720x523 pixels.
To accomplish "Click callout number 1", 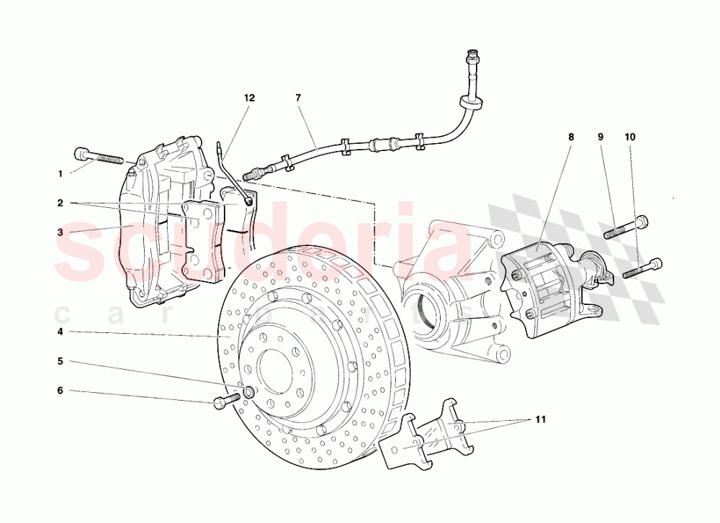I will coord(60,173).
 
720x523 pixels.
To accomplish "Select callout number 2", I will coord(60,203).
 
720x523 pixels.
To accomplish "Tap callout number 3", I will coord(60,232).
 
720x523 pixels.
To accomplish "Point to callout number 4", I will coord(60,332).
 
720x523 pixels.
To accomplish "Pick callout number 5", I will coord(60,361).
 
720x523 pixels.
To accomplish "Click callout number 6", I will coord(60,391).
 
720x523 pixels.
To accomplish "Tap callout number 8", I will coord(571,136).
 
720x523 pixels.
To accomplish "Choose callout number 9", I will coord(600,136).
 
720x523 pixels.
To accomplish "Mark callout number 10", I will coord(630,136).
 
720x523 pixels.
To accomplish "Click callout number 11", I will coord(540,418).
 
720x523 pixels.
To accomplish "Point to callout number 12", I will coord(249,97).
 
